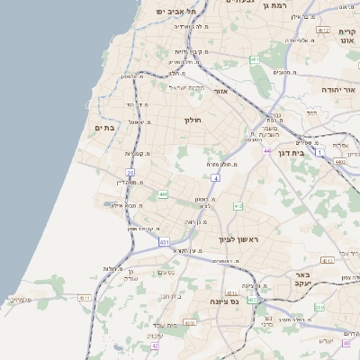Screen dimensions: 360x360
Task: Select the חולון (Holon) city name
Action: (x=193, y=120)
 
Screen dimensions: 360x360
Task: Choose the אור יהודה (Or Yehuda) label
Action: (x=339, y=91)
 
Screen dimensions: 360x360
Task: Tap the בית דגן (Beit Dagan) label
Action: (x=312, y=153)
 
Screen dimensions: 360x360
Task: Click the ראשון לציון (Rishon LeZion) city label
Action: (x=238, y=239)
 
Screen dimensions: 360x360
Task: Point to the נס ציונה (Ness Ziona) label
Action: (x=223, y=302)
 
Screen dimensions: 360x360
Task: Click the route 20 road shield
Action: (x=130, y=172)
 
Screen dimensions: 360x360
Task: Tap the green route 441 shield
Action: (x=163, y=194)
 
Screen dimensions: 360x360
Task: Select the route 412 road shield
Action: (x=238, y=207)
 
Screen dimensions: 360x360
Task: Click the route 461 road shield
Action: (x=255, y=60)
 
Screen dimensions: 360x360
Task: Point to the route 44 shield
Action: (x=266, y=150)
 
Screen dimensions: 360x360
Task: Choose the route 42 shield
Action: (x=155, y=346)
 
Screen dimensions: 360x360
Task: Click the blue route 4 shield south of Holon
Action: (x=216, y=178)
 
